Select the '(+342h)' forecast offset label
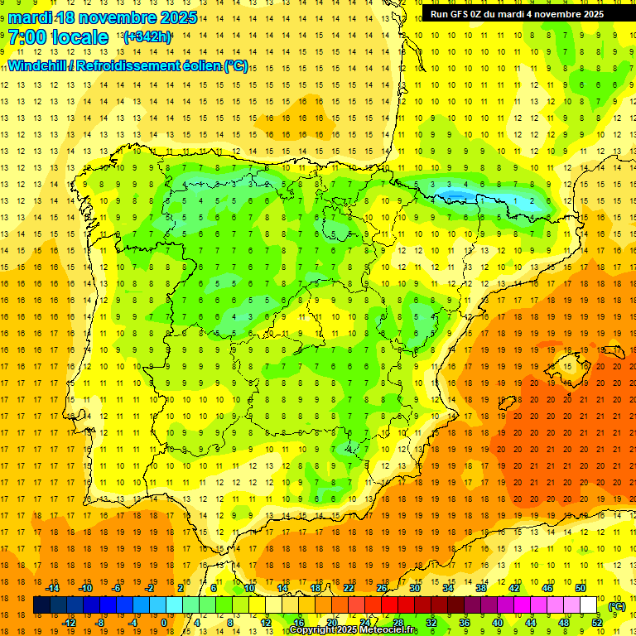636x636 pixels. [x=147, y=37]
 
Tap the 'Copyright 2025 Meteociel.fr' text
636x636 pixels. [x=354, y=630]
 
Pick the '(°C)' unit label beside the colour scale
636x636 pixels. [x=616, y=606]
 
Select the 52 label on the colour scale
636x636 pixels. [x=598, y=623]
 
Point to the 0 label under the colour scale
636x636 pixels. [x=164, y=623]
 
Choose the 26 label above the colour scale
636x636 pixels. [x=382, y=588]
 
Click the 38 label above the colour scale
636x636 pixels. [x=481, y=588]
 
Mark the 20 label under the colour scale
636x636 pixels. [x=332, y=623]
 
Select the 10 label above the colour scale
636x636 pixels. [x=249, y=588]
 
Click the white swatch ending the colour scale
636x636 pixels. [x=589, y=605]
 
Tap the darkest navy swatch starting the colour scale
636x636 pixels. [x=41, y=605]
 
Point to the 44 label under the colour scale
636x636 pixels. [x=531, y=623]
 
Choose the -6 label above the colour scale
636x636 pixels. [x=117, y=588]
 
